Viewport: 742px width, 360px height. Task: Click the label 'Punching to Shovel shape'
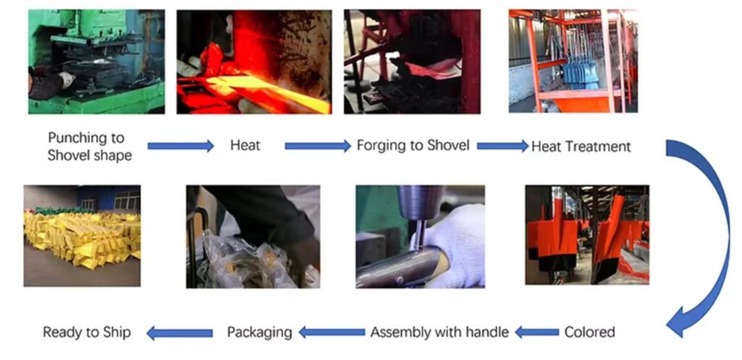pos(89,146)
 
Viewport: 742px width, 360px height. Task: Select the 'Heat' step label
pos(245,145)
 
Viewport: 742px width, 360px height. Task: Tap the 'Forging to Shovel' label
pos(413,145)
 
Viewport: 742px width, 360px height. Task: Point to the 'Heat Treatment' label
pos(581,146)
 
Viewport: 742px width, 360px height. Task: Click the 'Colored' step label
pos(590,332)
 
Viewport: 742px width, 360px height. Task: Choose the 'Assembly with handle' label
pos(439,332)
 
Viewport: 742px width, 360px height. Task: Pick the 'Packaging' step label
pos(259,332)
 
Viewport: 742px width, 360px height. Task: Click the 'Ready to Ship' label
pos(87,332)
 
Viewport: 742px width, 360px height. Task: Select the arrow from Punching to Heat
pos(180,146)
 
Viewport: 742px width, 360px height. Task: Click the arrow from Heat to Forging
pos(318,146)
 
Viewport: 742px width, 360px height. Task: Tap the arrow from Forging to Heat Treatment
pos(503,146)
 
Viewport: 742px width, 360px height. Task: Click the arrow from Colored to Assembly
pos(537,332)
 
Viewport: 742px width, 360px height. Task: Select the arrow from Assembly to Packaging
pos(332,332)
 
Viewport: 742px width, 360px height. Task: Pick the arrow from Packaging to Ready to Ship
pos(180,333)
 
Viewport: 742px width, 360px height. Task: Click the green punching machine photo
pos(96,62)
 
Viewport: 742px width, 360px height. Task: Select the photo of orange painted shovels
pos(587,235)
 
